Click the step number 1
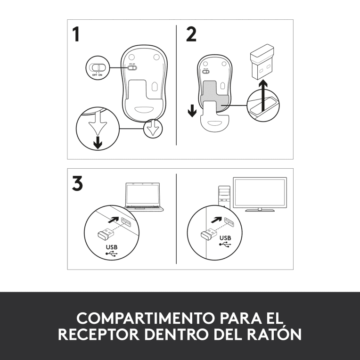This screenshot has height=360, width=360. click(76, 35)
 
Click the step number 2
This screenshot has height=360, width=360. click(191, 34)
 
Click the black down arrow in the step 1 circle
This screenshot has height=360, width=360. click(98, 143)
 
